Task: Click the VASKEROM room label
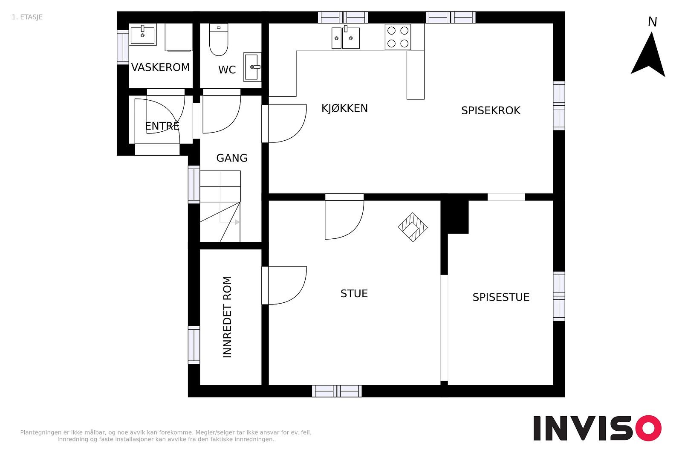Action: point(160,67)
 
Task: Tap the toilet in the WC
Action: point(219,40)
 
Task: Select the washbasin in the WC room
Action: point(252,67)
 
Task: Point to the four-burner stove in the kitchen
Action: point(398,37)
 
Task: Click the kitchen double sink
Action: point(346,38)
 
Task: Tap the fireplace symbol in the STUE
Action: point(413,227)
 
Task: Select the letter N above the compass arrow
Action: point(652,22)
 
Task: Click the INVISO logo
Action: point(597,428)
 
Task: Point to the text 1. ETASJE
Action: point(27,17)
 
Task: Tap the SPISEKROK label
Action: point(491,110)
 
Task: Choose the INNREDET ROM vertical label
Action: point(228,317)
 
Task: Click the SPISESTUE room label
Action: point(501,297)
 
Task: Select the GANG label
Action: point(232,158)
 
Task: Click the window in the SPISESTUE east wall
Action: point(559,296)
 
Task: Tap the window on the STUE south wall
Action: point(337,391)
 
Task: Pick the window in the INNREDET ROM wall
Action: point(194,345)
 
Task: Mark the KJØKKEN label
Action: point(345,108)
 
